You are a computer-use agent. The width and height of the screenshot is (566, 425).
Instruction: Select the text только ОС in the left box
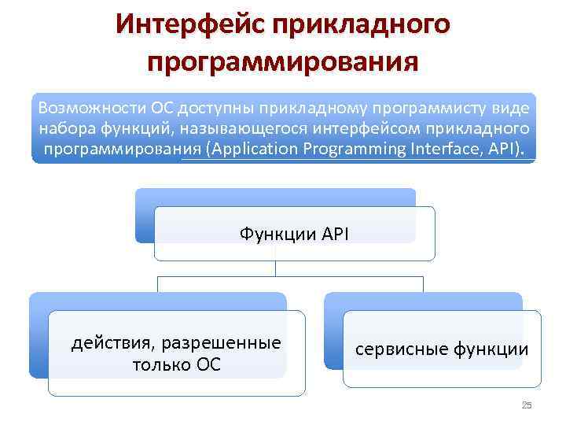176,365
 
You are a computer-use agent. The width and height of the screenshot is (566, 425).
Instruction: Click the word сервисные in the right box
399,349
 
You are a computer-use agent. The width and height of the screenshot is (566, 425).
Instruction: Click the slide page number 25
527,405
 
